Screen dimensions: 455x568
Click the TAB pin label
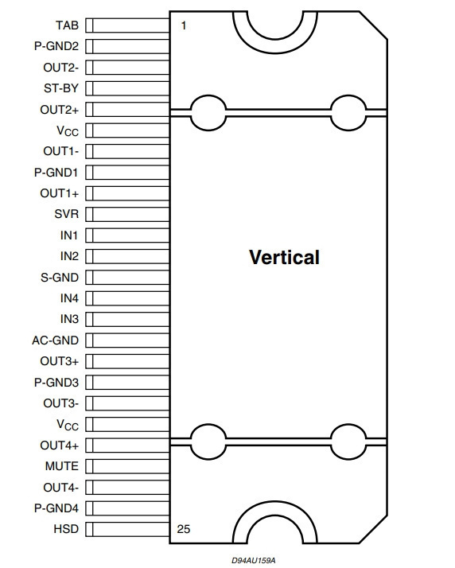pos(67,25)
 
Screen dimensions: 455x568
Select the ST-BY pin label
pos(61,88)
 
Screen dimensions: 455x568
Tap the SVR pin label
pos(67,214)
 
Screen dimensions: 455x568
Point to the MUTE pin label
pos(62,466)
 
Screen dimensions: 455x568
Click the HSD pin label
pos(66,529)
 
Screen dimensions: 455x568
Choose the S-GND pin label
pos(60,278)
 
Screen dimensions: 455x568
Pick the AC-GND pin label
pos(56,340)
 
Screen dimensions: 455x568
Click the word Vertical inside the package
pos(285,257)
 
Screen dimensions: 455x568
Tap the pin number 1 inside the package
pos(184,25)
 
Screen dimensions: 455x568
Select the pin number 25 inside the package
pos(184,529)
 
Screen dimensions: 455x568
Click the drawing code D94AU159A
pos(254,560)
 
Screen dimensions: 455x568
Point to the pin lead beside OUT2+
pos(127,110)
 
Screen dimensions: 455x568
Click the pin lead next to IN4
pos(127,298)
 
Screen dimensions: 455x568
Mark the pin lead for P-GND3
pos(127,382)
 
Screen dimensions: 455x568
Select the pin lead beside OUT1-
pos(127,151)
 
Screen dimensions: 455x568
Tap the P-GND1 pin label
pos(56,173)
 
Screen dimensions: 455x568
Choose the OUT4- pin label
pos(61,487)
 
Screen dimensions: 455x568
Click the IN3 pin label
pos(69,319)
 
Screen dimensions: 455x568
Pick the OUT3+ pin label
pos(60,361)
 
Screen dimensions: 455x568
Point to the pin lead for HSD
pos(127,529)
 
